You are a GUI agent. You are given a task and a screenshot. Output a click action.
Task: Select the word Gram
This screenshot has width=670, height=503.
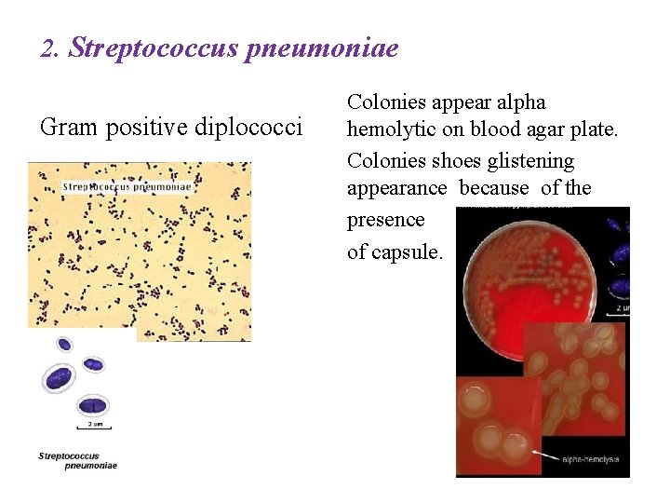tap(68, 126)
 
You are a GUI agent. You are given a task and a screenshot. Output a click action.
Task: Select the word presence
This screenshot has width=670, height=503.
tap(385, 220)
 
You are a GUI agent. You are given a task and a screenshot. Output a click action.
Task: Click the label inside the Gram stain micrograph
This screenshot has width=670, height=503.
tap(127, 186)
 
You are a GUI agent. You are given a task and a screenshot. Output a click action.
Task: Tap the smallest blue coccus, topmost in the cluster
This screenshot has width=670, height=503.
tap(64, 344)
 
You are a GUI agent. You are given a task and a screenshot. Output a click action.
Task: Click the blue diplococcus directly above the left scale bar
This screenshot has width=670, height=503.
tap(92, 405)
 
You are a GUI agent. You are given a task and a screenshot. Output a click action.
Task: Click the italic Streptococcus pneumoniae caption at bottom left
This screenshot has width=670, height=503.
tap(77, 460)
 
